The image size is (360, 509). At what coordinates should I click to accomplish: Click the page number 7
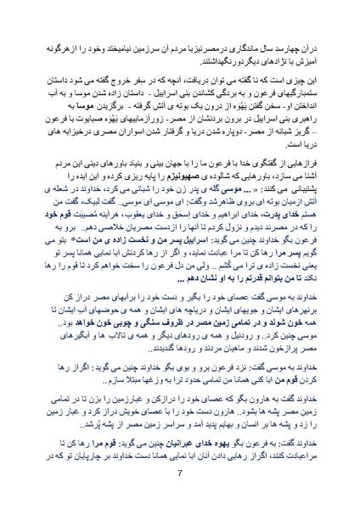[181, 472]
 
